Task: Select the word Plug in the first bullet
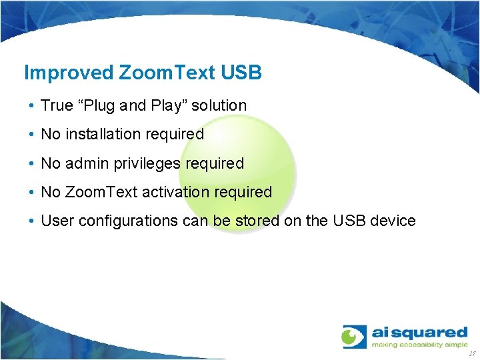point(101,105)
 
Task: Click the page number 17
point(472,353)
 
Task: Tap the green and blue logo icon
point(354,337)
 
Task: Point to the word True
point(57,105)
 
